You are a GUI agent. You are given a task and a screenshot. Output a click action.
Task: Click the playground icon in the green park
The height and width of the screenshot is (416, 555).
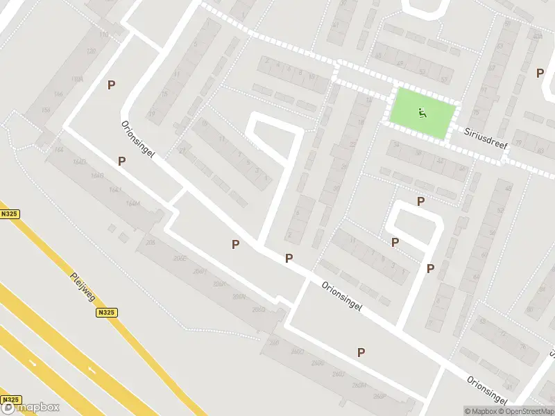click(x=422, y=112)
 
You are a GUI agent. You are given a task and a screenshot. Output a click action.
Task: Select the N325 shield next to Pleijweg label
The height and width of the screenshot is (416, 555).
click(x=106, y=313)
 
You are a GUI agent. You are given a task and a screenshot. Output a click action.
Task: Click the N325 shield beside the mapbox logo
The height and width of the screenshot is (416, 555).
click(x=10, y=400)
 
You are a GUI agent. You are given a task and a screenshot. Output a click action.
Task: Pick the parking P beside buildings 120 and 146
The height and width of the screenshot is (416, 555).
click(x=111, y=85)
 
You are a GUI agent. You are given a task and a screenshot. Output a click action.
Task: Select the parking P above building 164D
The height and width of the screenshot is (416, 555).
click(x=122, y=161)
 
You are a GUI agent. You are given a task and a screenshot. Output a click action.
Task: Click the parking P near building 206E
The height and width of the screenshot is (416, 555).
click(x=236, y=244)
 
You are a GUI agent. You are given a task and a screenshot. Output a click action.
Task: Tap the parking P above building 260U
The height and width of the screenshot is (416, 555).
click(x=361, y=352)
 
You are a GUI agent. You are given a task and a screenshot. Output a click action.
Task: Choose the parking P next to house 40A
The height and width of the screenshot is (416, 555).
click(x=540, y=72)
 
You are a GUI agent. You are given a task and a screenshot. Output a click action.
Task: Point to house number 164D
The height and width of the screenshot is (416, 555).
click(x=80, y=161)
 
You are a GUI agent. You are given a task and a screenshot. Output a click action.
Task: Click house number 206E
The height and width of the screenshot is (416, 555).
click(x=180, y=258)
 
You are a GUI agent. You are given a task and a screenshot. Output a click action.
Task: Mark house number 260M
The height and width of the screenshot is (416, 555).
click(x=359, y=387)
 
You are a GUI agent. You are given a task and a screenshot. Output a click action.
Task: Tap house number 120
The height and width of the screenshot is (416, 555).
click(x=90, y=52)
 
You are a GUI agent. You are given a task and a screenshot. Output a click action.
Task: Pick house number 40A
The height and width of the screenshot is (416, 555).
click(x=538, y=36)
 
